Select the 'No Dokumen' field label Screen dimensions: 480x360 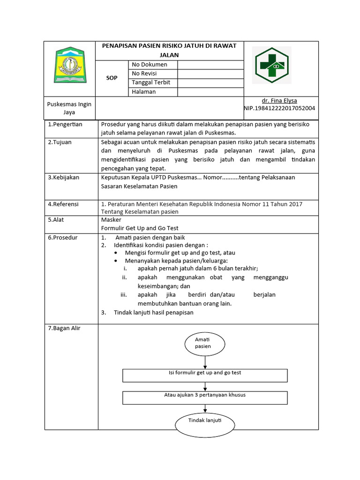tap(149, 65)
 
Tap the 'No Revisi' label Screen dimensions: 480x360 tap(144, 74)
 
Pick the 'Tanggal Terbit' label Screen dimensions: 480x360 tap(150, 82)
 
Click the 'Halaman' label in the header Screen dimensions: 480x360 tap(143, 92)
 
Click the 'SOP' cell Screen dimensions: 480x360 tap(112, 78)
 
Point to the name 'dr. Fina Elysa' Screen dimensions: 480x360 tap(279, 101)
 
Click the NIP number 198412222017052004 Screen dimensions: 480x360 tap(279, 108)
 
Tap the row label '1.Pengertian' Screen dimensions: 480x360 tap(65, 124)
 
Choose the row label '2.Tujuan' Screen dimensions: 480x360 tap(60, 142)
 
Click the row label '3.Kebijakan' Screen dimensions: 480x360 tap(64, 177)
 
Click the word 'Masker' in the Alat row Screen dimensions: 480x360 tap(111, 219)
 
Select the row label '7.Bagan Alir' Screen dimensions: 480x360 tap(64, 328)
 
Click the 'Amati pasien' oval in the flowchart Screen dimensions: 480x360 tap(203, 343)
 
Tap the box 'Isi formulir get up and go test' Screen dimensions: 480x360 tap(205, 375)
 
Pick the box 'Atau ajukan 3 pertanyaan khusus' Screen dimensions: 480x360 tap(205, 397)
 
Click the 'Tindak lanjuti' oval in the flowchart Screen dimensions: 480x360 tap(205, 423)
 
